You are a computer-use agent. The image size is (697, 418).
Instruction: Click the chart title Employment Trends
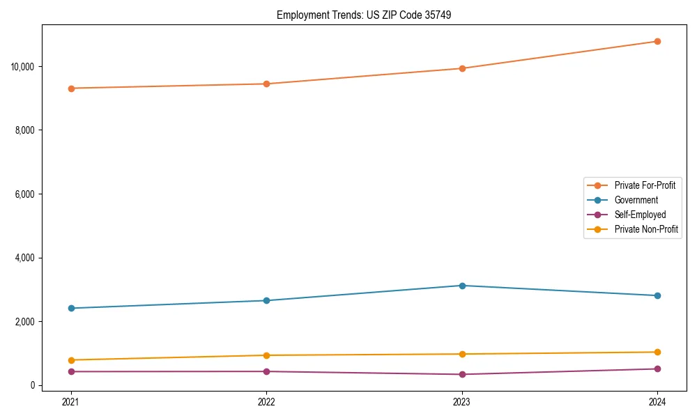[x=364, y=15]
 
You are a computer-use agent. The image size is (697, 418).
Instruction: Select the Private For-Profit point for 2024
[x=657, y=41]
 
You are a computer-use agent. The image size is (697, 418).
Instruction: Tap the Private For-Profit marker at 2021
[x=71, y=88]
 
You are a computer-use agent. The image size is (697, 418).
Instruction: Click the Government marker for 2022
[x=266, y=300]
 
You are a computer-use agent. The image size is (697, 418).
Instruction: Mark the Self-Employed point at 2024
[x=657, y=369]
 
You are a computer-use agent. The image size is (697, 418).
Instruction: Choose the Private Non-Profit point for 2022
[x=266, y=355]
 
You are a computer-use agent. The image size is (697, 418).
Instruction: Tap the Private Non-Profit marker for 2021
[x=71, y=360]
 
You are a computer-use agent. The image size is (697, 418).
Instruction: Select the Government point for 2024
[x=657, y=295]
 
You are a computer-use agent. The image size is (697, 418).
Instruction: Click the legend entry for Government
[x=636, y=200]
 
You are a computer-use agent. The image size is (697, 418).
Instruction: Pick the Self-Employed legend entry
[x=640, y=215]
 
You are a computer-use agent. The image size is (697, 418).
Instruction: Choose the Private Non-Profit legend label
[x=646, y=229]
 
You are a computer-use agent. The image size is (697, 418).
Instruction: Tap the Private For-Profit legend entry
[x=645, y=185]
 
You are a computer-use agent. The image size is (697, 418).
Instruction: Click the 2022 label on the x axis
[x=266, y=401]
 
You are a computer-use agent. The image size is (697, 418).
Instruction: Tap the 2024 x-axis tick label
[x=657, y=401]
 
